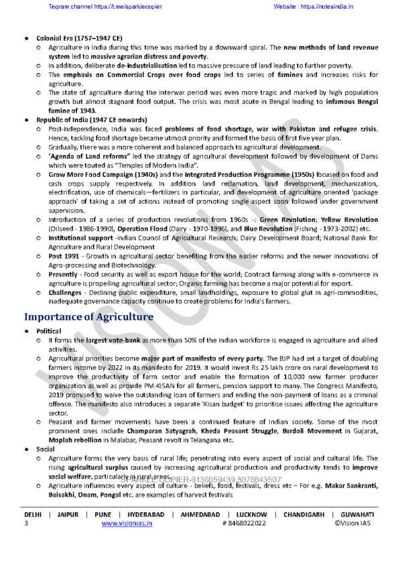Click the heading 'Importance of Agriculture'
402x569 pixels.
point(88,317)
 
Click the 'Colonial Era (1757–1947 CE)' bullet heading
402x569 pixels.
point(74,39)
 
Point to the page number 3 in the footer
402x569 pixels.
point(26,523)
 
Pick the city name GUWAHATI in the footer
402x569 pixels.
point(356,514)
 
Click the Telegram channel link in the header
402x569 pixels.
point(95,7)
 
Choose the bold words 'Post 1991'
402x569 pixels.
point(63,255)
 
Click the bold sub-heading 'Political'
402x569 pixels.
point(49,331)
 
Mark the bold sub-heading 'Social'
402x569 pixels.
point(46,449)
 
